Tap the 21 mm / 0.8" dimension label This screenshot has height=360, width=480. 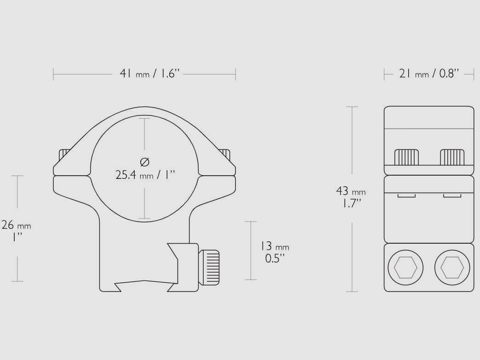point(429,74)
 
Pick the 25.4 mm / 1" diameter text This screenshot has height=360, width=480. point(145,175)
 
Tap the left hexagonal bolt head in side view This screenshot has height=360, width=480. point(406,267)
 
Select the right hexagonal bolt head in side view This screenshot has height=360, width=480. point(452,267)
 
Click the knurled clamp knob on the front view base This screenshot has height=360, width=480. point(209,267)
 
